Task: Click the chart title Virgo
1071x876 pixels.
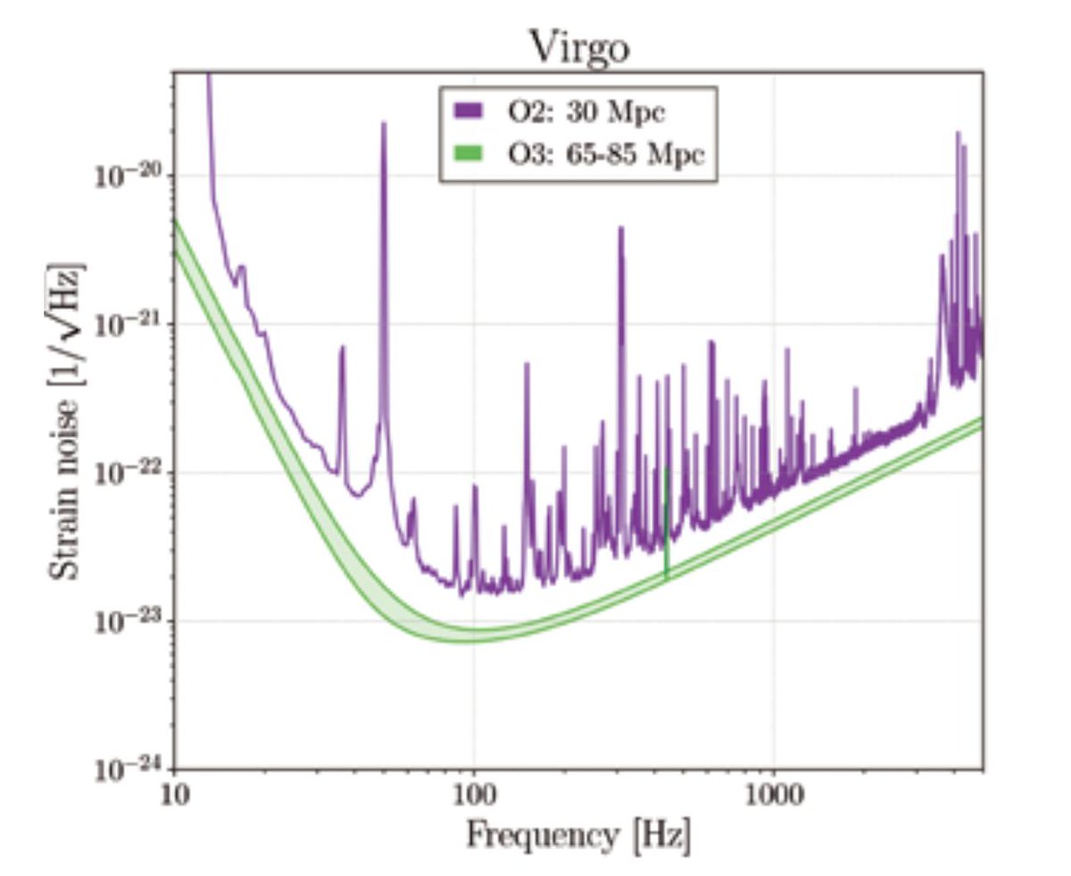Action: [x=579, y=47]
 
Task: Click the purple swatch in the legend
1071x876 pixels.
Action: [x=469, y=112]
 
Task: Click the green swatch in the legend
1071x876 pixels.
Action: [x=469, y=153]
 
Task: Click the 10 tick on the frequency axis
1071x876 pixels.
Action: [x=175, y=794]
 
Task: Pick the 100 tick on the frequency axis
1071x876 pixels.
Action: [x=473, y=794]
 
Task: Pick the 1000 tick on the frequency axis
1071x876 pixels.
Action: [x=772, y=794]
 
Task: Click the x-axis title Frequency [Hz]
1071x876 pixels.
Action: [x=578, y=836]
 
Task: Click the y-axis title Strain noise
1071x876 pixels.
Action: [x=68, y=419]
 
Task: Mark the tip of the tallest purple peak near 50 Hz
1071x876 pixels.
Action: [x=384, y=124]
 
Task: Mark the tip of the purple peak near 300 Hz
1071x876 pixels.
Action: [x=621, y=228]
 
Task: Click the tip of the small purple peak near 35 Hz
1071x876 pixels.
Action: [x=342, y=348]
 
